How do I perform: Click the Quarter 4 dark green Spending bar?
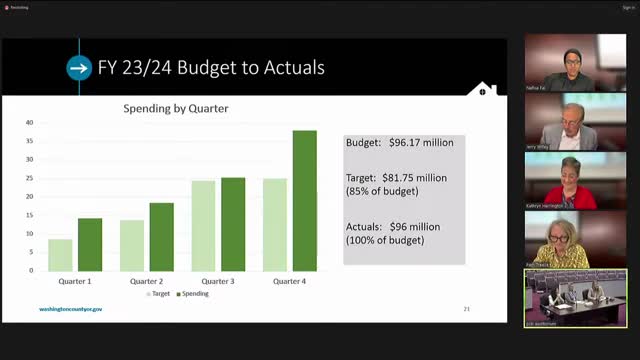point(305,200)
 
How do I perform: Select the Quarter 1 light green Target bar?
point(60,255)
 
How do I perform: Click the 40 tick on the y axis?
point(30,123)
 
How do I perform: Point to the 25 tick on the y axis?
point(30,178)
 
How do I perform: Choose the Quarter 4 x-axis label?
point(290,281)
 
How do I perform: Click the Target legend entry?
point(160,293)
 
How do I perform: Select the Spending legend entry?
point(193,293)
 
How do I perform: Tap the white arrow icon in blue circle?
point(79,68)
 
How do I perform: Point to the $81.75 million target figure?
point(414,177)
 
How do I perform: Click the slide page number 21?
point(467,310)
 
